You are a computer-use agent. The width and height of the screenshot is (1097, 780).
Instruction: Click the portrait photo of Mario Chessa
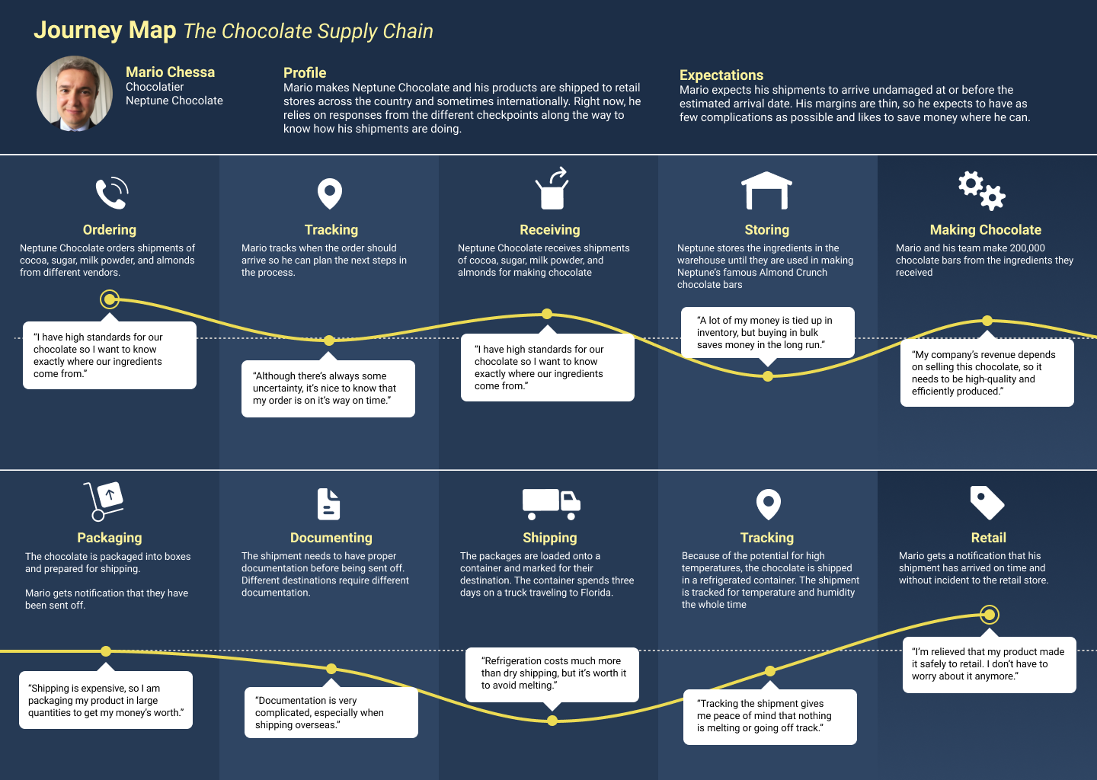pos(75,94)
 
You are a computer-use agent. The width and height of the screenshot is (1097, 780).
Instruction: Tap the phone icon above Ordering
pos(111,193)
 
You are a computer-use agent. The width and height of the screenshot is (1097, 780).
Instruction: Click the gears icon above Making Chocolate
pos(981,190)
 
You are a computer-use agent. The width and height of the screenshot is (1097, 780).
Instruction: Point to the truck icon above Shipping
pos(551,503)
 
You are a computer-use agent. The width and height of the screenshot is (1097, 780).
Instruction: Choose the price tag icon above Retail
pos(987,503)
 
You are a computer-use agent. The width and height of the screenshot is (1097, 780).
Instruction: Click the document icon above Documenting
pos(328,504)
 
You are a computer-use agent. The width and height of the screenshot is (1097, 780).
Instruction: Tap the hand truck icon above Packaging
pos(104,501)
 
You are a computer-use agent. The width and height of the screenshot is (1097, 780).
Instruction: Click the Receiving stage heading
pos(549,230)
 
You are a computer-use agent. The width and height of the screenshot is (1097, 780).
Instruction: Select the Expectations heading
pos(721,75)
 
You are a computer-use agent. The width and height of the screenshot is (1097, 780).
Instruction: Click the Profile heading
pos(305,73)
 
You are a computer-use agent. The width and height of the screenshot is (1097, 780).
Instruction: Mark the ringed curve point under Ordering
pos(110,299)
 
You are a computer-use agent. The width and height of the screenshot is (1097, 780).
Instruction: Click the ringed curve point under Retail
pos(989,614)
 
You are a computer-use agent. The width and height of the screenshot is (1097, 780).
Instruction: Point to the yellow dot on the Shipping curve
pos(552,721)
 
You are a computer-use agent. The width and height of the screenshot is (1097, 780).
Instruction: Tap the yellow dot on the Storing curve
pos(768,376)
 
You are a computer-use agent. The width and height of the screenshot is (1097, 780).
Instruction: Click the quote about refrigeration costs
pos(552,673)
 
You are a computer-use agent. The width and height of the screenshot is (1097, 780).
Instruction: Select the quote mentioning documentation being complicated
pos(331,712)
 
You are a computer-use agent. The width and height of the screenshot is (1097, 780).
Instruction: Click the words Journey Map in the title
pos(105,30)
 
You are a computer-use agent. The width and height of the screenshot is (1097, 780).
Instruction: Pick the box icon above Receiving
pos(552,190)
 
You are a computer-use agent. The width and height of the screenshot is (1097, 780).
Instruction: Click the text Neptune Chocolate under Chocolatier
pos(174,101)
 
